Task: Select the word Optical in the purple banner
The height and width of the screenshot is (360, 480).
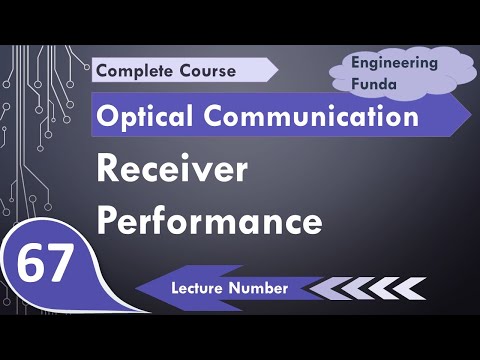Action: click(140, 117)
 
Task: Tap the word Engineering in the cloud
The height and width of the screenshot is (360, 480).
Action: click(394, 62)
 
